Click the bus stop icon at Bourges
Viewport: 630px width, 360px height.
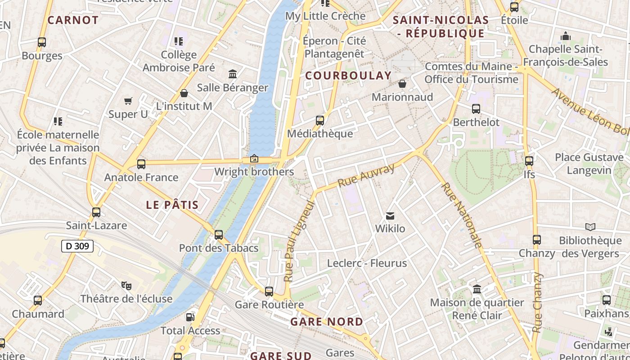point(42,42)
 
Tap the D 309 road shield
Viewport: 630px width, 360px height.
point(77,246)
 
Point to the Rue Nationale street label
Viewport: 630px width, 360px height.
point(462,215)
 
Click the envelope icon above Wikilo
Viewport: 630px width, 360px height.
point(390,216)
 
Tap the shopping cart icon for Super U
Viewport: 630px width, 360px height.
point(128,101)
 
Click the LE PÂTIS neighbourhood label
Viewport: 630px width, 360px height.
point(172,205)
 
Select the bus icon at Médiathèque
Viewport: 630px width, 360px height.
point(320,120)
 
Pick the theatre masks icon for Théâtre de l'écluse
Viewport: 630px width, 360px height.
point(126,285)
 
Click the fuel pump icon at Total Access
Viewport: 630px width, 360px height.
point(190,317)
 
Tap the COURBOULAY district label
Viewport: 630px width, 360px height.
point(348,76)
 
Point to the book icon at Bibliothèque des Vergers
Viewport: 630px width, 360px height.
point(590,227)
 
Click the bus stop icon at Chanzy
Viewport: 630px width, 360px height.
point(536,240)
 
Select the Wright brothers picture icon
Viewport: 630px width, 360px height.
point(254,158)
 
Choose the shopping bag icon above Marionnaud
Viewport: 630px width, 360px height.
point(402,84)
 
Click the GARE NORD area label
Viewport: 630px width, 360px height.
point(326,322)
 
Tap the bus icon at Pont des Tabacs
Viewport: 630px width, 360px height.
point(219,234)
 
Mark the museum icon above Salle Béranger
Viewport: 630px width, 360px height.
point(233,74)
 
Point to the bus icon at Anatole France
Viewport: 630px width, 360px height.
point(141,164)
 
